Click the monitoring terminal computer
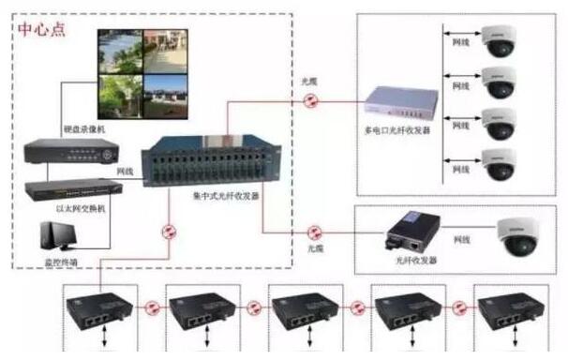[x=57, y=235]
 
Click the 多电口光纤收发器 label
[x=397, y=130]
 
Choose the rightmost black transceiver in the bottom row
[x=512, y=309]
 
